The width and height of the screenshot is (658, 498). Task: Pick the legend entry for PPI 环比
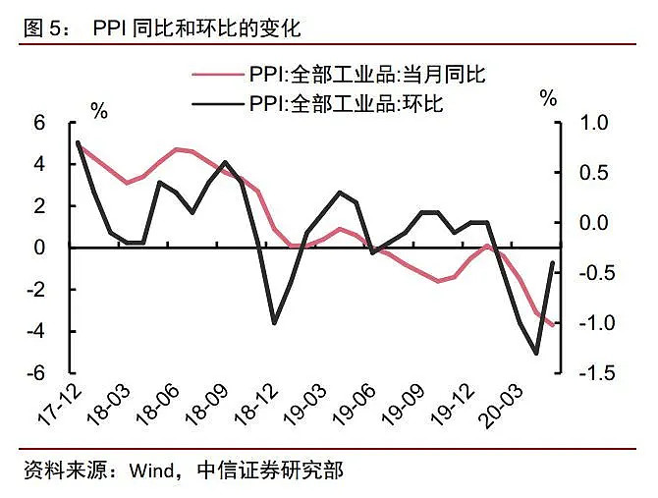click(x=354, y=103)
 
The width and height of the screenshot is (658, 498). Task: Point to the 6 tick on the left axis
click(x=40, y=123)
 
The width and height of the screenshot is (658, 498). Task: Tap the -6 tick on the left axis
click(x=36, y=374)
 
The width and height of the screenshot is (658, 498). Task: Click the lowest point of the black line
click(x=536, y=354)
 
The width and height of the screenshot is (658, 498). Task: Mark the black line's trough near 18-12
click(x=274, y=323)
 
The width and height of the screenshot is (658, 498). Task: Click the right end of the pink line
click(x=553, y=325)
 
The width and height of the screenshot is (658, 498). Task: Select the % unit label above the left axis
click(x=99, y=110)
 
